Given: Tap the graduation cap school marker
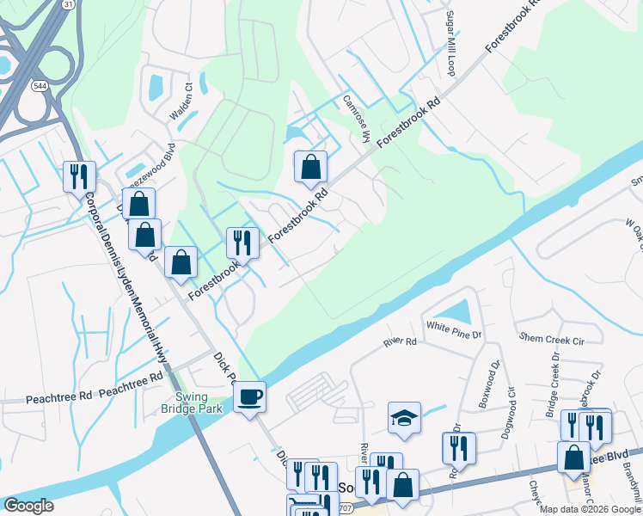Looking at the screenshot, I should [404, 418].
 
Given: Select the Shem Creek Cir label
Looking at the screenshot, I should [550, 339].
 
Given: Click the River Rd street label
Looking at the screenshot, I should [400, 342].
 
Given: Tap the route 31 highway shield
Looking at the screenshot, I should [68, 4].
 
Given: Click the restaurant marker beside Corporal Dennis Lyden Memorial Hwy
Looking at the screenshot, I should [79, 177].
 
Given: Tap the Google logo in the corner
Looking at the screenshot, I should [28, 506].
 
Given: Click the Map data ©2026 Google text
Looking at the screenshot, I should [590, 509].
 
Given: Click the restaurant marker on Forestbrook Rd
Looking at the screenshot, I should [242, 243].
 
